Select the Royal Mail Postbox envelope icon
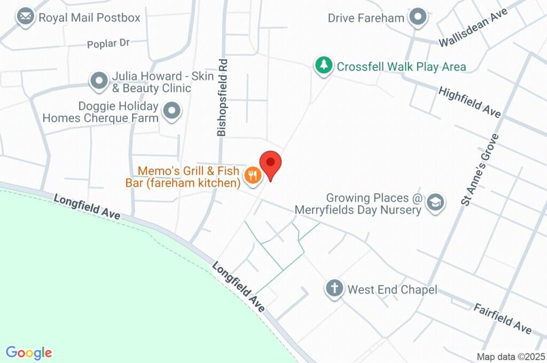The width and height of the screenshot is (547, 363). point(25,17)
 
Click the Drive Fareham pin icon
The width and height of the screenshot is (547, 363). point(418,18)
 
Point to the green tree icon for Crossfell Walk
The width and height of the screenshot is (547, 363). point(323,66)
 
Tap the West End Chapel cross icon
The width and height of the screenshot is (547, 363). point(334,289)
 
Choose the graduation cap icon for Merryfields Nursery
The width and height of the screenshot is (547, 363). point(436,203)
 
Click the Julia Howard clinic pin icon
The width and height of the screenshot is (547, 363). point(99,81)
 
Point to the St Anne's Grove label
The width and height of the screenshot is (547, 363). point(479,170)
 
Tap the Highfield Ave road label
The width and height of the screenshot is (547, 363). point(470,102)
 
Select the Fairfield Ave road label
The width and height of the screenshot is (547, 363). point(503,319)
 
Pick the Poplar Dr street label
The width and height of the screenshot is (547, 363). point(108,44)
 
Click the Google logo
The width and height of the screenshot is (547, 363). point(29,353)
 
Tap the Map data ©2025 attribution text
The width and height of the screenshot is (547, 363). point(511,357)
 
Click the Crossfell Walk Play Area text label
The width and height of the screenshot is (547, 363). point(401,67)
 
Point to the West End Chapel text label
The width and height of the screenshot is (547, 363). point(392,290)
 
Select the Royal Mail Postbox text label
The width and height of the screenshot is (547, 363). point(89,18)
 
